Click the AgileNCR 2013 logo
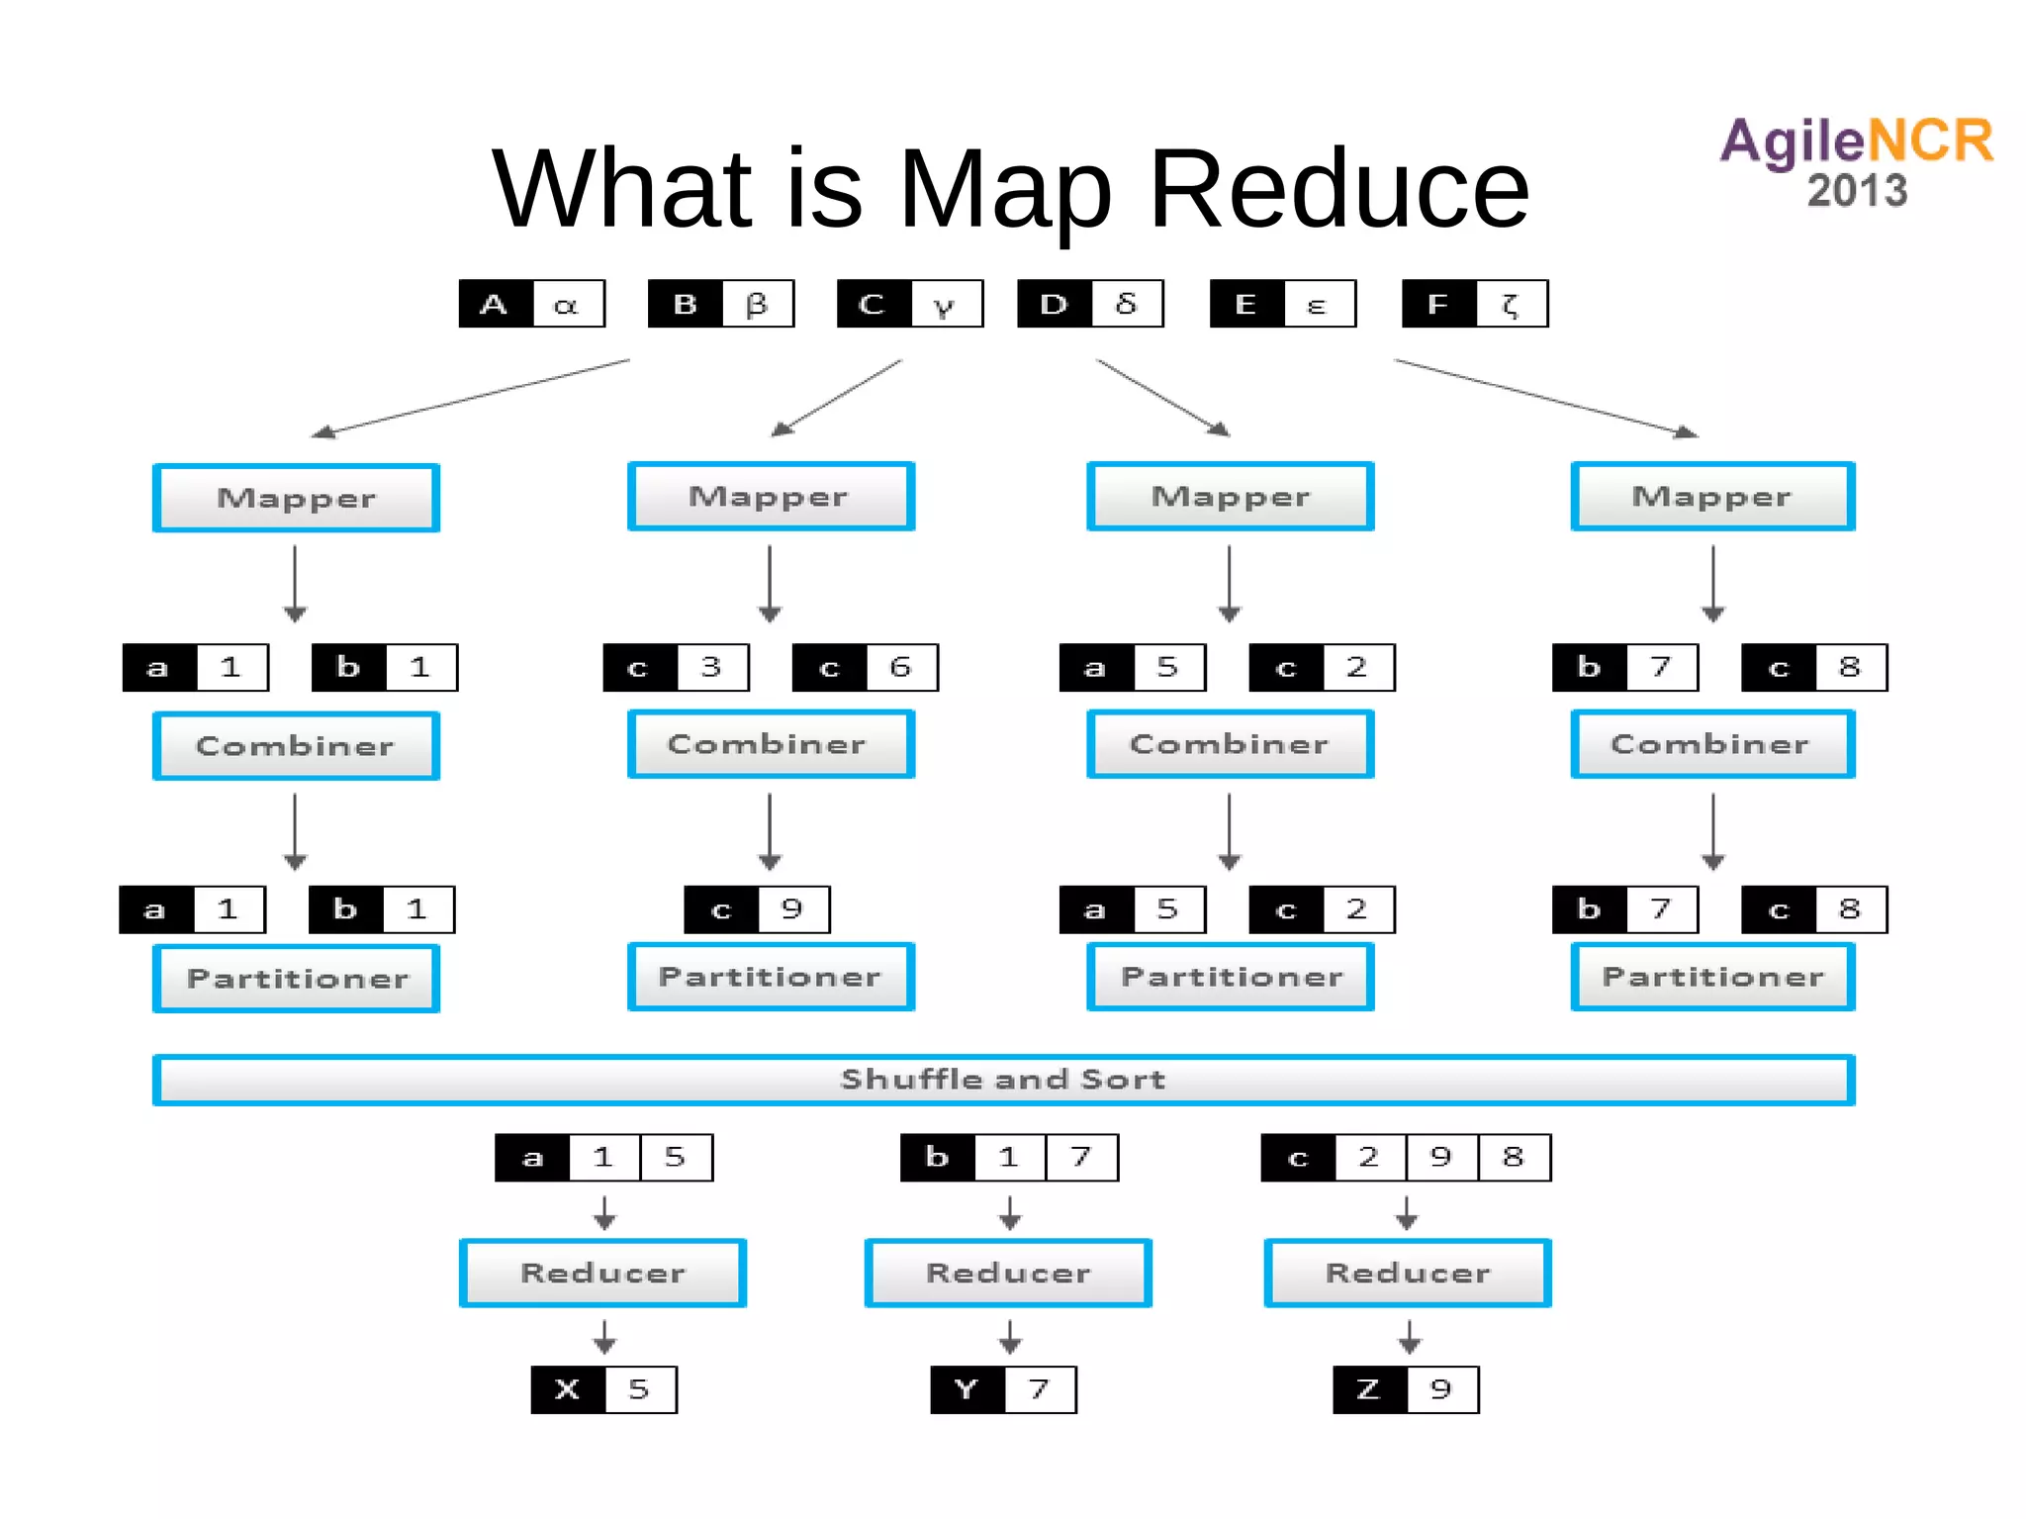coord(1856,161)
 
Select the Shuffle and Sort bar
coord(1003,1079)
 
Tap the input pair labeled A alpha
coord(531,304)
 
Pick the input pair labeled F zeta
coord(1474,304)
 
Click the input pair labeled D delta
coord(1090,304)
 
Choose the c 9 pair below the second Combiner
coord(757,909)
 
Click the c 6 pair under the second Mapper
coord(865,667)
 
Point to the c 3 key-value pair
coord(676,667)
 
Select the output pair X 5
coord(603,1389)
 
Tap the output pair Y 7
coord(1003,1389)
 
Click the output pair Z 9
coord(1406,1389)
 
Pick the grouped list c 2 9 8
coord(1406,1157)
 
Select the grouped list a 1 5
coord(603,1157)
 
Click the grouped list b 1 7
coord(1009,1157)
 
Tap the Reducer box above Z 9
coord(1407,1273)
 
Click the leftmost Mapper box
coord(296,498)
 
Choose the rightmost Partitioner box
coord(1712,977)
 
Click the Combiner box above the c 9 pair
coord(771,744)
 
